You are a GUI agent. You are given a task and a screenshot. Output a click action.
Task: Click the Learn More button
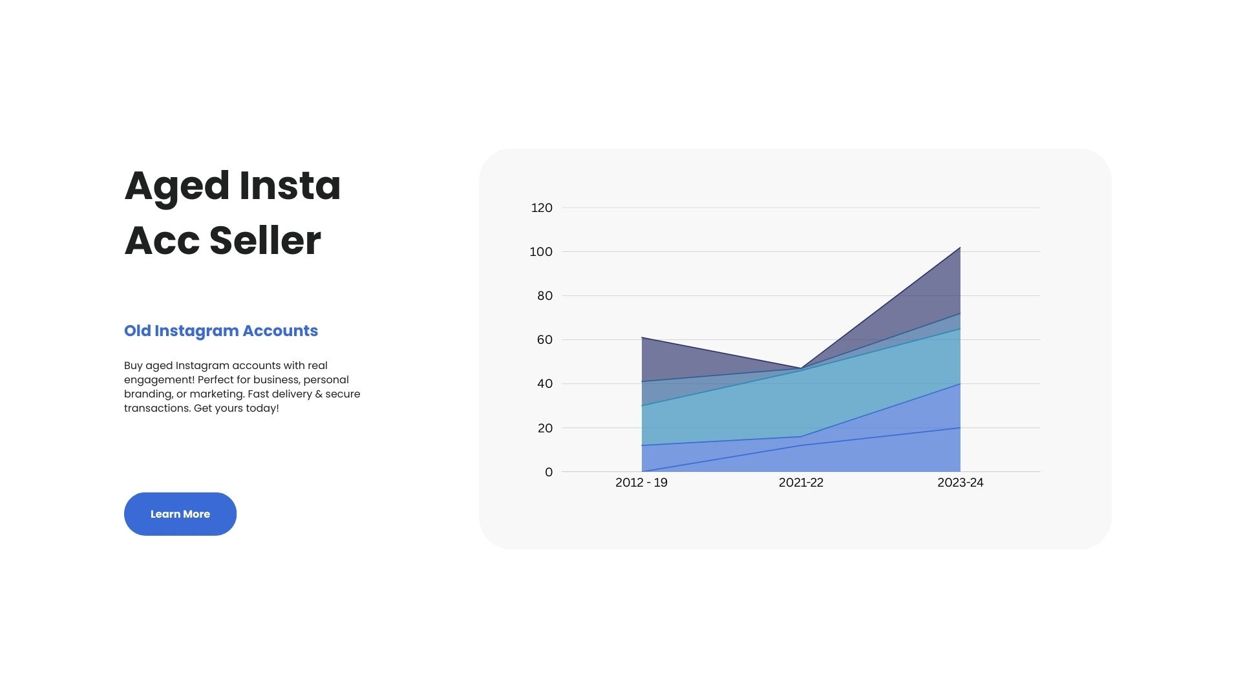(x=180, y=514)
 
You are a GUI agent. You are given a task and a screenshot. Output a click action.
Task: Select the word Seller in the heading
(x=265, y=240)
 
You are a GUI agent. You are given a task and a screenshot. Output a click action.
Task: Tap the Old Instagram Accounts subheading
(x=221, y=331)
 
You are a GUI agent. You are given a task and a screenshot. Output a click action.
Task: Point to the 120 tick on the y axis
(x=542, y=207)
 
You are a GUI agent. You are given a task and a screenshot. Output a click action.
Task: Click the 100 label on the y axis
(x=541, y=251)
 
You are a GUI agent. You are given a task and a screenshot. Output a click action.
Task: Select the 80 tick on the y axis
(x=545, y=295)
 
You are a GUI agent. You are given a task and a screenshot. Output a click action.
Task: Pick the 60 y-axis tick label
(x=545, y=339)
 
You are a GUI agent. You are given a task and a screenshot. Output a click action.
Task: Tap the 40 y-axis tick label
(x=545, y=383)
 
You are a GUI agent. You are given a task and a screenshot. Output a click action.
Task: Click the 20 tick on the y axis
(x=545, y=428)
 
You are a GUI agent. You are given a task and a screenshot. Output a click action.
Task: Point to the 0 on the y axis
(x=549, y=472)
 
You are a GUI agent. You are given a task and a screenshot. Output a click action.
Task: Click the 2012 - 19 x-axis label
(x=641, y=483)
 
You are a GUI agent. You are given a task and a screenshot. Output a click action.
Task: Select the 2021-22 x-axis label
(x=801, y=483)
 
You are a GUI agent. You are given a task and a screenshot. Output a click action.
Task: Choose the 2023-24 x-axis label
(x=960, y=483)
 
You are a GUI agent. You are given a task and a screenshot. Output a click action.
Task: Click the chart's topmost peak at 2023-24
(x=960, y=248)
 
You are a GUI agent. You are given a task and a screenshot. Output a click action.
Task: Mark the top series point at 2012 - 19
(x=642, y=337)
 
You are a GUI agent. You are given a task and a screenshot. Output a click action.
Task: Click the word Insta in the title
(x=290, y=185)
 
